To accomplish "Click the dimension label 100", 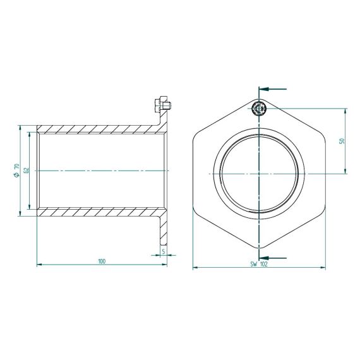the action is click(x=102, y=261).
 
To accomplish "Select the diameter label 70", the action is click(x=16, y=167).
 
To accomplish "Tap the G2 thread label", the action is click(x=27, y=171).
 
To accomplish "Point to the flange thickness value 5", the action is click(x=164, y=251).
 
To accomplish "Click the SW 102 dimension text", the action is click(x=259, y=264).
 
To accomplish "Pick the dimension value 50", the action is click(x=342, y=141).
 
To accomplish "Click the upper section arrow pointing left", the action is click(x=273, y=89).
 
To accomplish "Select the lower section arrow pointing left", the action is click(x=273, y=258).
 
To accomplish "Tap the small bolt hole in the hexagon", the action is click(x=259, y=108).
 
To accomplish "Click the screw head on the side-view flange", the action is click(x=163, y=105).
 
